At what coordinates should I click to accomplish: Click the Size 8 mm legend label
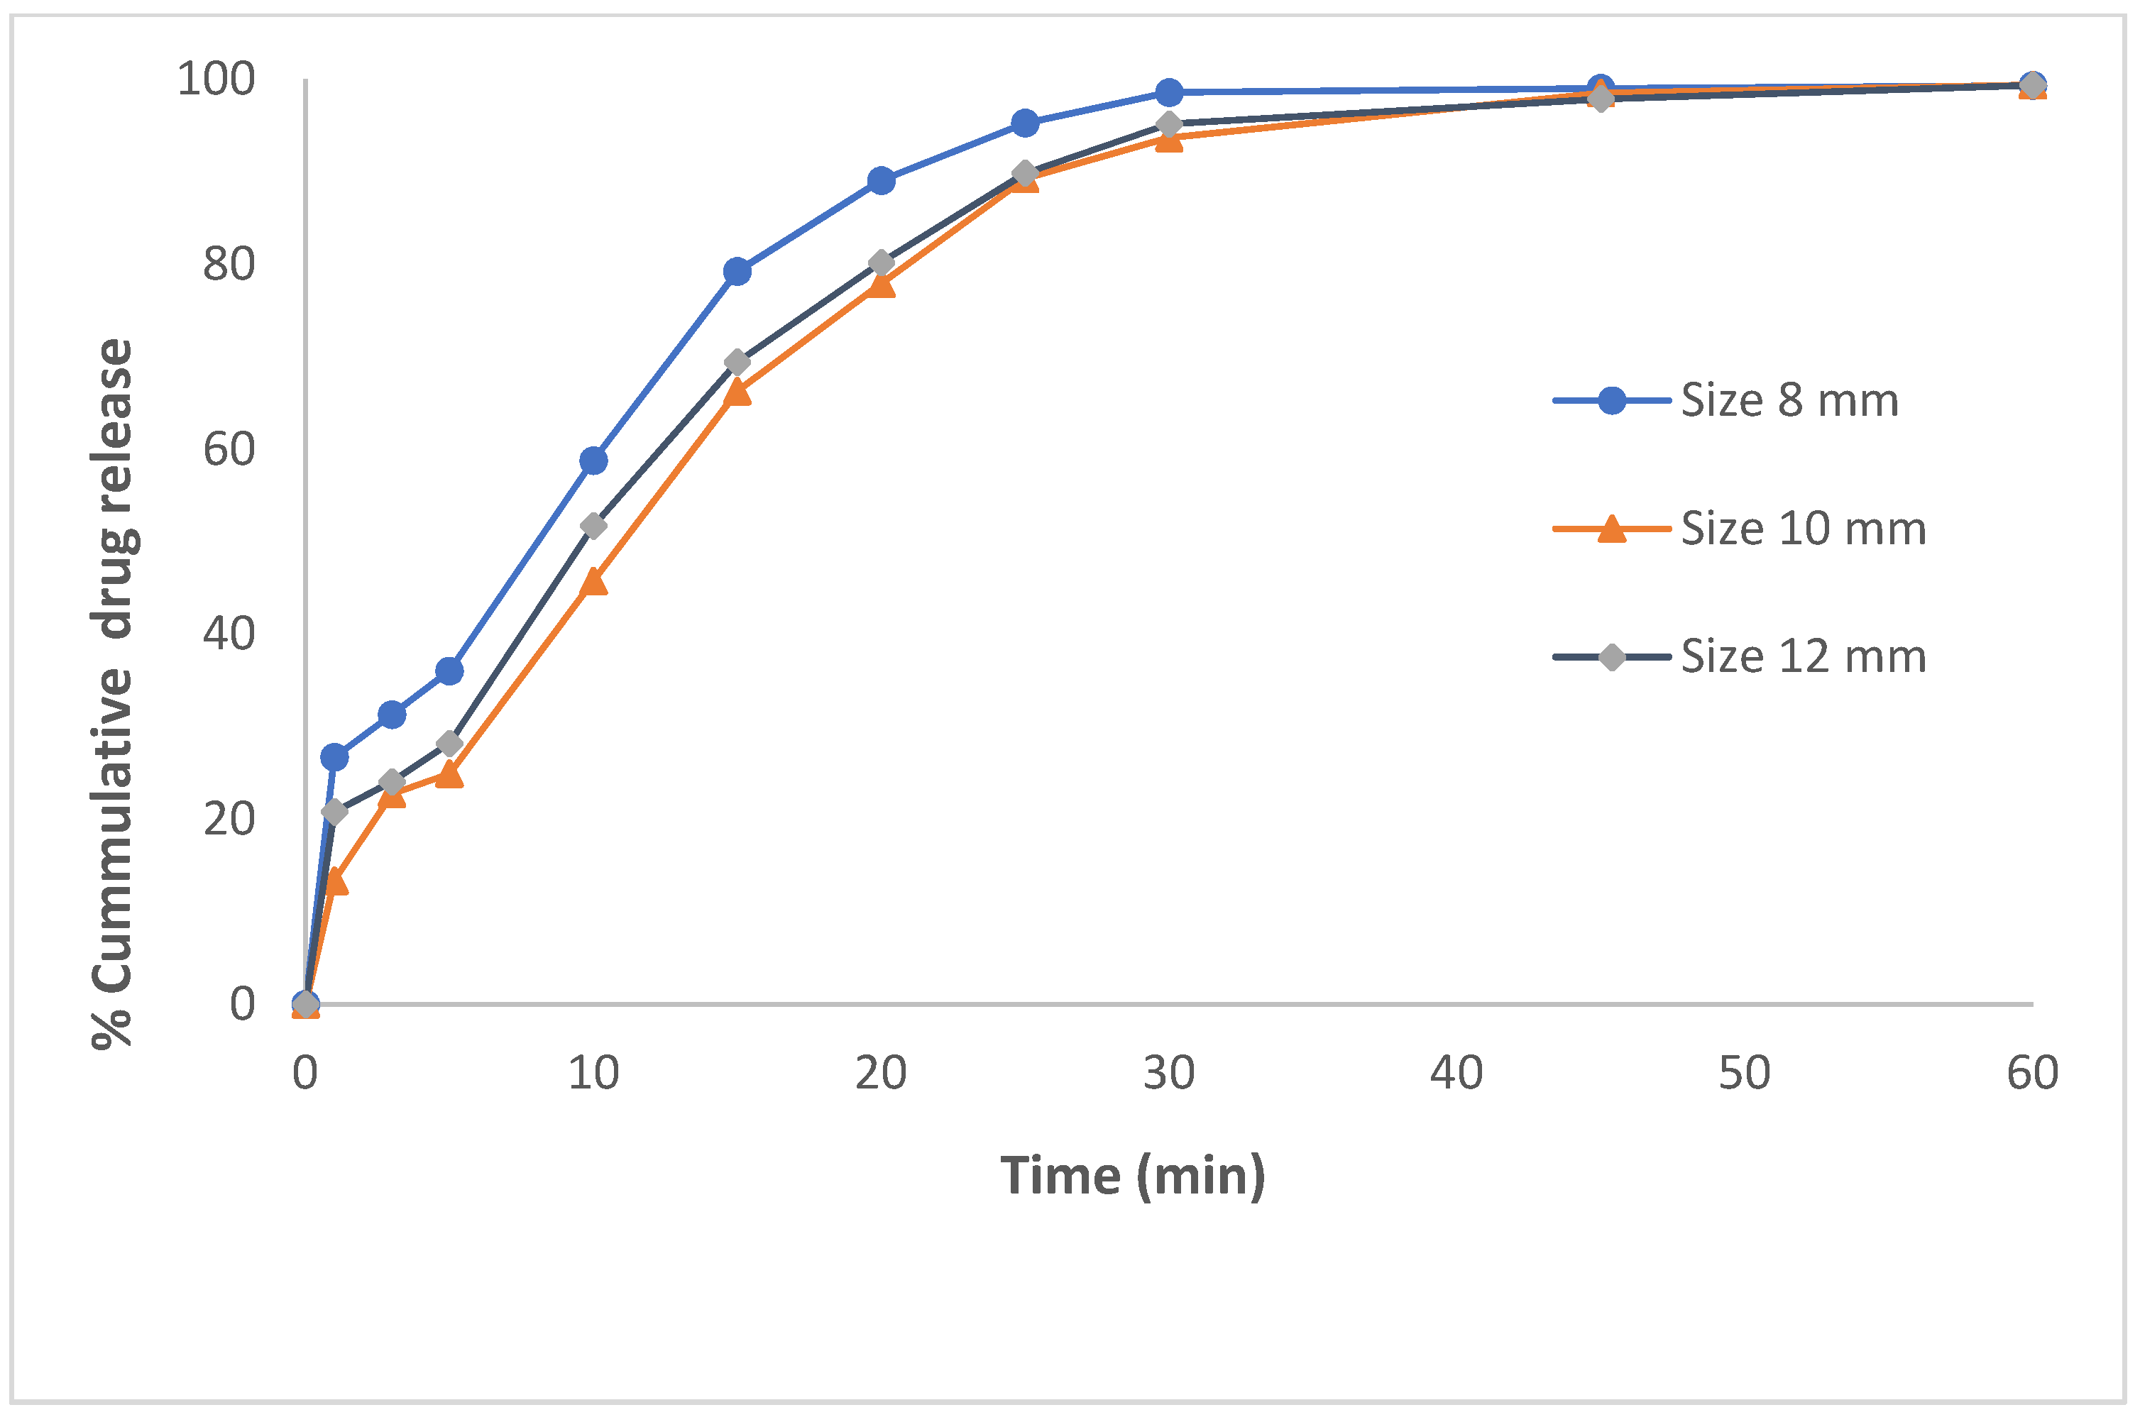1788,400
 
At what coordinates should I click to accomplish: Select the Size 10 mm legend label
1803,529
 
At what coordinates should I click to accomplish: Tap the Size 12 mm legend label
1803,656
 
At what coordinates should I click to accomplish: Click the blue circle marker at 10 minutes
593,461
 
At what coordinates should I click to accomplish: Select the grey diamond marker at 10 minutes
593,526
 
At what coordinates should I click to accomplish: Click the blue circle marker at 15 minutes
737,271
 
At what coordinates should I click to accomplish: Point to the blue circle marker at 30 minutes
1169,92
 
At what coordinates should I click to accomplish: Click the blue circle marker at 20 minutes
881,180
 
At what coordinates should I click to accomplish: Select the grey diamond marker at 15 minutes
737,363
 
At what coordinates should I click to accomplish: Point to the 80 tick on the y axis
229,264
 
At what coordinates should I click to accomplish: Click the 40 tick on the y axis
229,634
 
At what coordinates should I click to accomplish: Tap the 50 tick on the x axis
1743,1074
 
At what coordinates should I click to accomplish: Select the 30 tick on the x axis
1168,1074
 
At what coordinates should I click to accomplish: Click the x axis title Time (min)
1132,1176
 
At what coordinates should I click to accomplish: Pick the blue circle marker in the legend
1611,400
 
